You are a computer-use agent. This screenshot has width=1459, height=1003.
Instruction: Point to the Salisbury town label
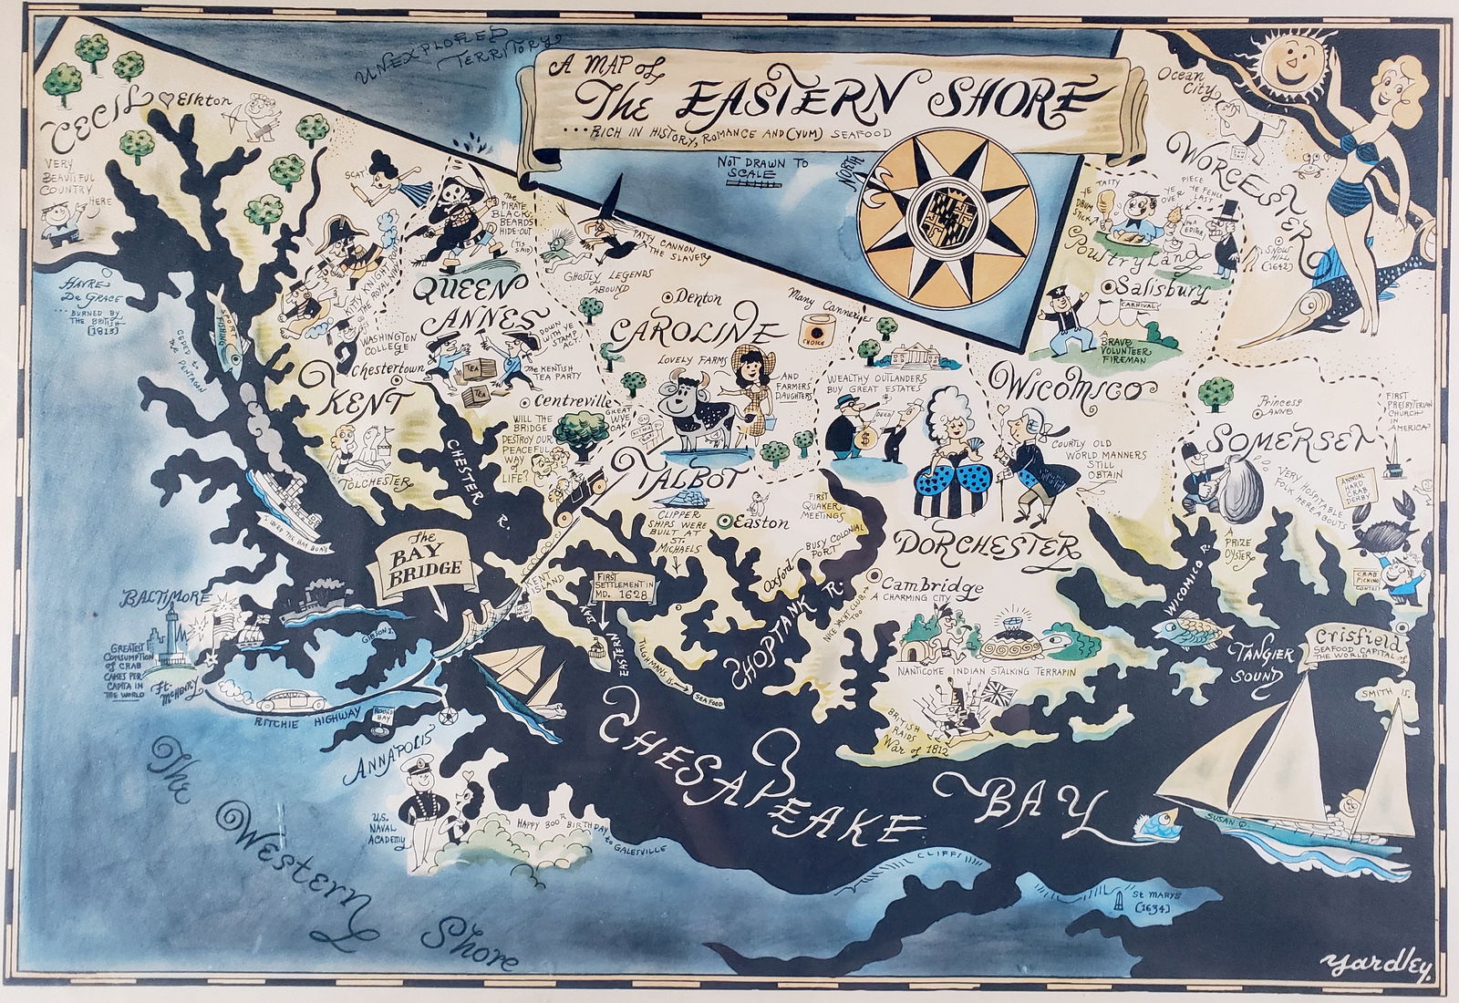1163,292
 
